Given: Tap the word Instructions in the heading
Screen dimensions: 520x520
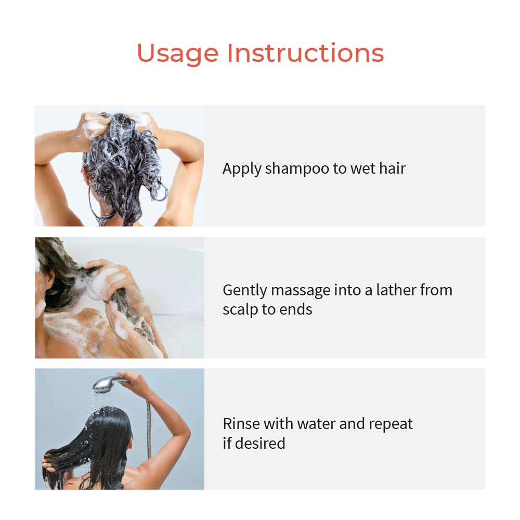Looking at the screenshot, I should pyautogui.click(x=305, y=53).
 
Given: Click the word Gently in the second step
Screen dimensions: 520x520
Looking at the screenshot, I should pyautogui.click(x=244, y=290).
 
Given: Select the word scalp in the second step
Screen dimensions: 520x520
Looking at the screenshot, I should pyautogui.click(x=240, y=309).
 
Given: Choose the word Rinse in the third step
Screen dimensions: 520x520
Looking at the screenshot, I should pyautogui.click(x=241, y=424).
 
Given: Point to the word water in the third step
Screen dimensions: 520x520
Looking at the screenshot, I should pyautogui.click(x=316, y=424).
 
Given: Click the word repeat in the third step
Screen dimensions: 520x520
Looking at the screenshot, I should pyautogui.click(x=391, y=424).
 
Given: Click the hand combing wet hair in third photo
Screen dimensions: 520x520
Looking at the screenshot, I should pyautogui.click(x=49, y=463).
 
